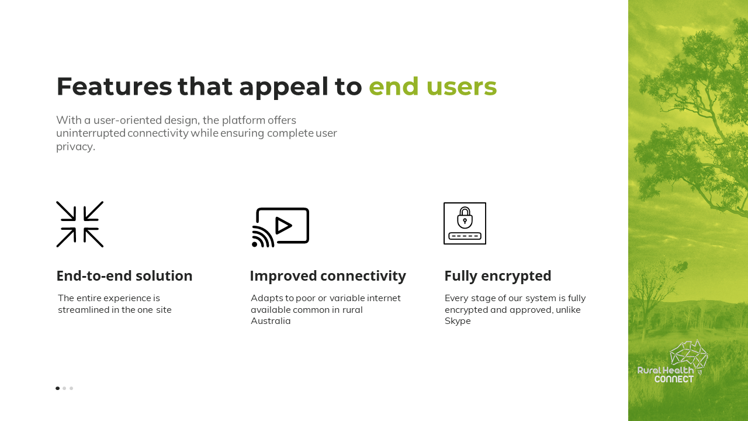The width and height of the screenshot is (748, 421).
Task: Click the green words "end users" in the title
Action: (x=433, y=86)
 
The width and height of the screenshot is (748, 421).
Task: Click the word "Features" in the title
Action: (x=114, y=86)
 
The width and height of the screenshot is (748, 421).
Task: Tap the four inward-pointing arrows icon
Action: (x=80, y=224)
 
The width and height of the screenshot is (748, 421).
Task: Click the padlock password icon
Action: (x=465, y=223)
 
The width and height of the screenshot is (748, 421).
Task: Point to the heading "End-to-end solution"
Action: (x=124, y=275)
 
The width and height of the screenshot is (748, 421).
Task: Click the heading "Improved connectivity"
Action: (x=328, y=276)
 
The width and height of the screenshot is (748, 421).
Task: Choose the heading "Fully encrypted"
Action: (x=497, y=276)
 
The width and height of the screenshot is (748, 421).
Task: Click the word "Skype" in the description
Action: (x=458, y=321)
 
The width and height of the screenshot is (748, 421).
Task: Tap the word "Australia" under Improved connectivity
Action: (x=271, y=321)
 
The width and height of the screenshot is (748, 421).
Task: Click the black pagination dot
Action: (x=57, y=388)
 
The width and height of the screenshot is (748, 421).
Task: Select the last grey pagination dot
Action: (x=71, y=388)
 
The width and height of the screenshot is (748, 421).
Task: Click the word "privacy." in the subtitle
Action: (x=75, y=146)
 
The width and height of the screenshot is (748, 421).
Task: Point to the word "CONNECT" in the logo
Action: (x=674, y=379)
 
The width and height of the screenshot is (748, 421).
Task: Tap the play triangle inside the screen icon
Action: (x=283, y=226)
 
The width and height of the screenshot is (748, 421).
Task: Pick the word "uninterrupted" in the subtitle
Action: (x=91, y=133)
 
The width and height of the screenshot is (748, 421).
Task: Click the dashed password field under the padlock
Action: (x=465, y=236)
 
